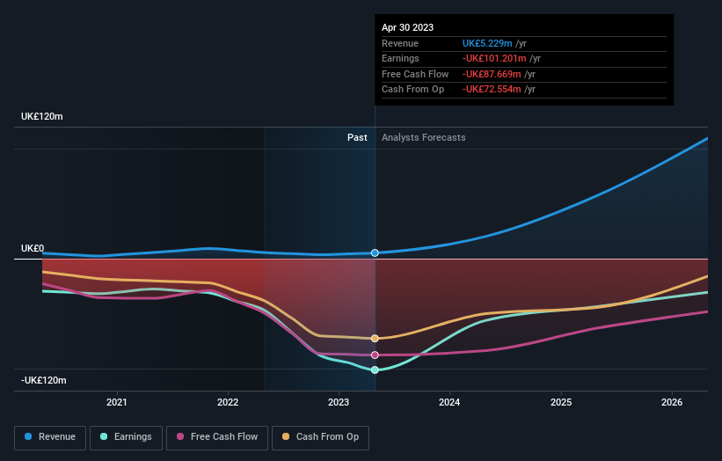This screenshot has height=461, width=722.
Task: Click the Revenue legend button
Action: tap(50, 436)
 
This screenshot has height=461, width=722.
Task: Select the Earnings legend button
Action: tap(126, 436)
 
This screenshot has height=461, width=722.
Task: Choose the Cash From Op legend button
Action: tap(321, 436)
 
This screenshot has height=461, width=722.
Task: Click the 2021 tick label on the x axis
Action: tap(116, 403)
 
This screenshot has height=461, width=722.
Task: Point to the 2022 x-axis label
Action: tap(228, 403)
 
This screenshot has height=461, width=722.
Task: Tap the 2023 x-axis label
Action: tap(339, 403)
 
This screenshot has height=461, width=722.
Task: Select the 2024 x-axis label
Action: tap(449, 403)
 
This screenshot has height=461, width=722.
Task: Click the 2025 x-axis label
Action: tap(561, 403)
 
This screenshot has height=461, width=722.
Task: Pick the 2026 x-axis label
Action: tap(672, 403)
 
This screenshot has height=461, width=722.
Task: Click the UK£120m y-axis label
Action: tap(42, 117)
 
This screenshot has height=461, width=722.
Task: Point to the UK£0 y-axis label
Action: tap(33, 249)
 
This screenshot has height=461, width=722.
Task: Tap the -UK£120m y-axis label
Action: tap(44, 381)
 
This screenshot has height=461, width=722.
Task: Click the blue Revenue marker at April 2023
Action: tap(375, 252)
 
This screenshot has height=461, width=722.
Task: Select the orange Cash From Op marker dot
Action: tap(375, 338)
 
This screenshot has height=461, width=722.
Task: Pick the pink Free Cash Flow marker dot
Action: tap(375, 355)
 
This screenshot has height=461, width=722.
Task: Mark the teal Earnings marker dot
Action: tap(375, 370)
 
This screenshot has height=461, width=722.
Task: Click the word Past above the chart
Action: tap(357, 137)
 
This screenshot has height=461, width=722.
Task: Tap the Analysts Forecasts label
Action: tap(423, 137)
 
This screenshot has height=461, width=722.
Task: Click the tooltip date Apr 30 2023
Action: tap(408, 28)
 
